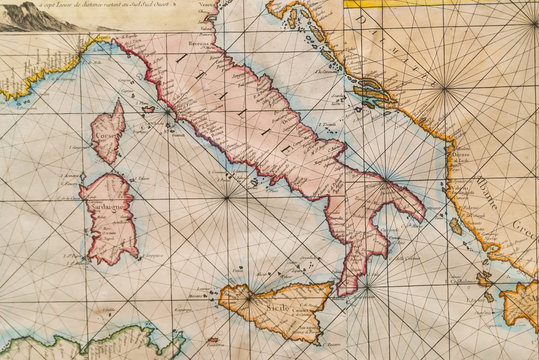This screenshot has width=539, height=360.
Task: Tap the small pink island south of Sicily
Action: [x=213, y=340]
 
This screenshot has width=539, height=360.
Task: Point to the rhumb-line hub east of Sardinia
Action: [x=228, y=196]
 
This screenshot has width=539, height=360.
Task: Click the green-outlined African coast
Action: [x=90, y=340]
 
